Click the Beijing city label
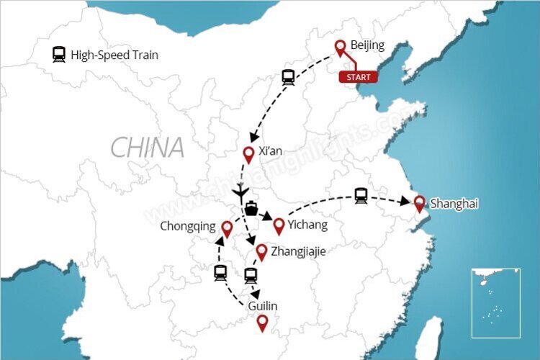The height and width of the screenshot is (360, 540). pos(367,45)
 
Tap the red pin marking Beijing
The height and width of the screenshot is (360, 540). pos(341,48)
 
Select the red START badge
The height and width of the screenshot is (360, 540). pos(358,77)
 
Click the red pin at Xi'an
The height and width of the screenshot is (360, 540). pos(248,154)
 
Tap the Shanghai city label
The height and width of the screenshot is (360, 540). pos(454,204)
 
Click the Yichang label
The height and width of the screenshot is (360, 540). pos(307,225)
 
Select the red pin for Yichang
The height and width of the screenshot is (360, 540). pos(278,227)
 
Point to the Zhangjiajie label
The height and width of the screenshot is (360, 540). pos(298,252)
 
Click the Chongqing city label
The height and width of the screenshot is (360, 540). pos(189,227)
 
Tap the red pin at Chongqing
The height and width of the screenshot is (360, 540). pos(227,229)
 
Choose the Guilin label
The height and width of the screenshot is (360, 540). pos(262,307)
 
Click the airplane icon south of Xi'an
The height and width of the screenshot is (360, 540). pos(241,192)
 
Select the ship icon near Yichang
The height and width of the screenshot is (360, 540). pos(251,209)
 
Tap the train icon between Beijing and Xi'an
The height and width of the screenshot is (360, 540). pos(289,78)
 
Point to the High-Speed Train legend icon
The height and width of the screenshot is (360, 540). pos(59,55)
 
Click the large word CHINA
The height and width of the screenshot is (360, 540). pos(148,148)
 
